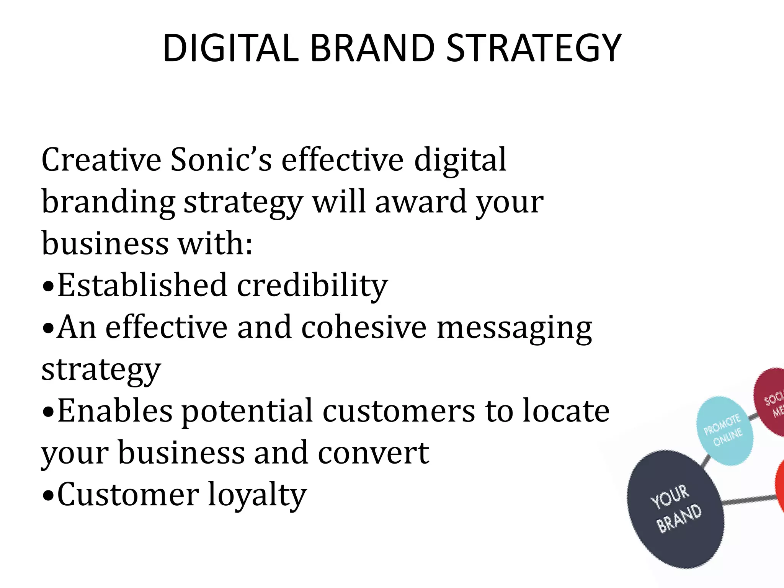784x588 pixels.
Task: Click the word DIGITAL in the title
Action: coord(230,49)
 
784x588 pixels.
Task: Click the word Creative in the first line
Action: coord(101,160)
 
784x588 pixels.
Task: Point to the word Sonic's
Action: coord(221,160)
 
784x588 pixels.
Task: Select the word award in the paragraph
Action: coord(420,202)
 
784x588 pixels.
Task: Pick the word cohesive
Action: coord(363,328)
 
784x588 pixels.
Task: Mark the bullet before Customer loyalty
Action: coord(47,496)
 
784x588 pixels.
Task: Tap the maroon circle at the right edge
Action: coord(769,402)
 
